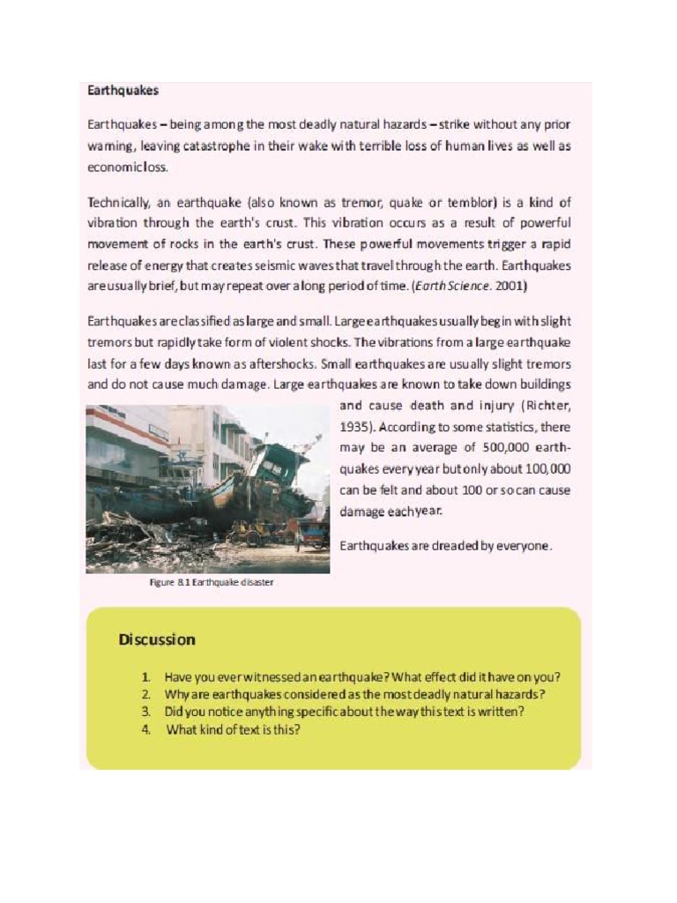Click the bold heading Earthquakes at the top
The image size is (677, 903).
tap(123, 90)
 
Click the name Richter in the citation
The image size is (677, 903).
tap(548, 406)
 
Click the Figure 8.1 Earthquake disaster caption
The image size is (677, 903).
tap(212, 582)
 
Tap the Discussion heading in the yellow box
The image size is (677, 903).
tap(157, 639)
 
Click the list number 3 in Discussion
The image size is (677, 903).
tap(145, 711)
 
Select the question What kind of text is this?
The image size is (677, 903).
tap(234, 729)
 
